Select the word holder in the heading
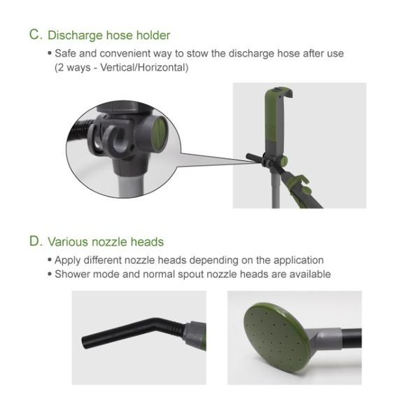(x=153, y=35)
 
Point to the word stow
(x=197, y=54)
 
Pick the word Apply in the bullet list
(x=67, y=260)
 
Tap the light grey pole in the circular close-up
(x=130, y=185)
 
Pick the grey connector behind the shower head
(x=327, y=339)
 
